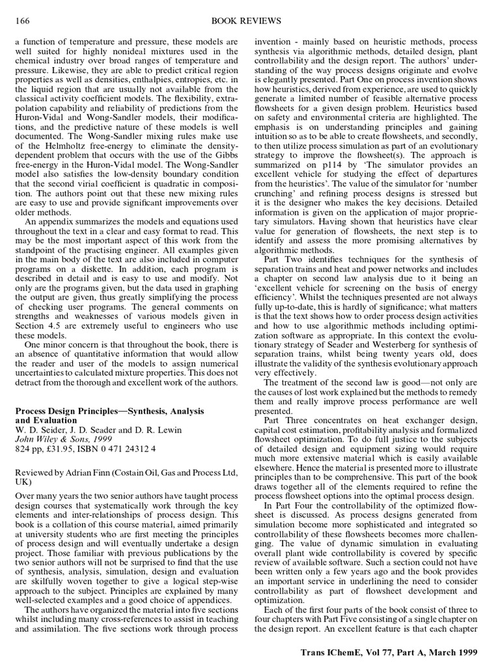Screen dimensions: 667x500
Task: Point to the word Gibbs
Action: pyautogui.click(x=223, y=171)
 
